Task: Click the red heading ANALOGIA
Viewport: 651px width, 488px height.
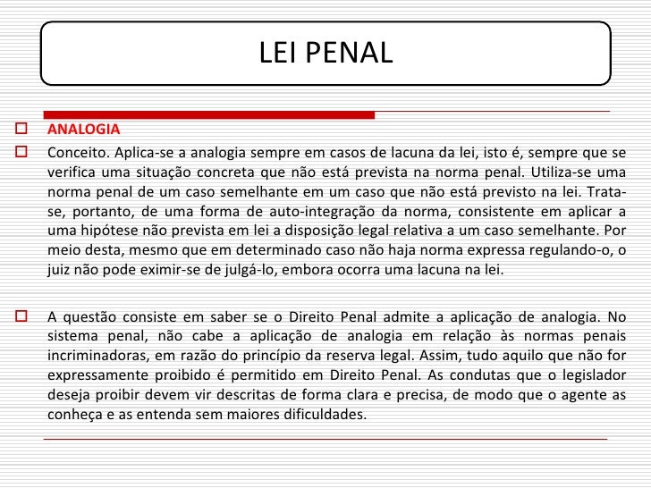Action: (83, 128)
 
